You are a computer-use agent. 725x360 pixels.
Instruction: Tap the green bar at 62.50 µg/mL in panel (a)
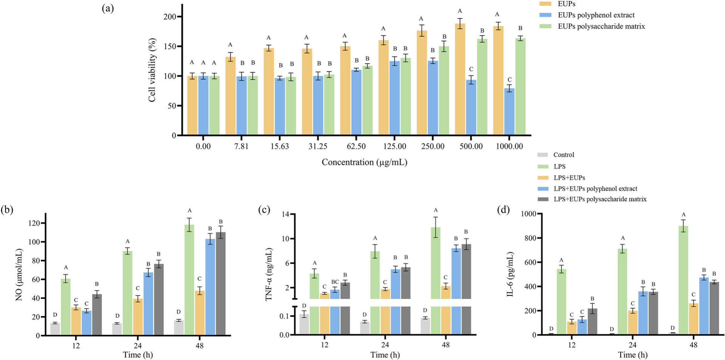[x=367, y=100]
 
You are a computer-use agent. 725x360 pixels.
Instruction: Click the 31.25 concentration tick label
[x=318, y=146]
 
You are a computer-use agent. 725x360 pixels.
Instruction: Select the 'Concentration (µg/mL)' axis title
[x=364, y=162]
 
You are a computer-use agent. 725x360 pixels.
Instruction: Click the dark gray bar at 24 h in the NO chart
[x=158, y=300]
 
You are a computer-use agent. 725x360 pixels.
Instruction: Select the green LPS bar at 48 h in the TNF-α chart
[x=436, y=281]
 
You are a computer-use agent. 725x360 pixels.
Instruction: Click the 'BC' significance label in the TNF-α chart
[x=335, y=282]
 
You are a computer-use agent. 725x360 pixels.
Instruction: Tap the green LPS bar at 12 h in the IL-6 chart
[x=561, y=302]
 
